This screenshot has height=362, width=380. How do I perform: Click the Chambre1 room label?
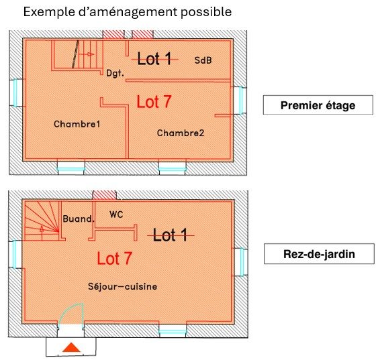tap(77, 124)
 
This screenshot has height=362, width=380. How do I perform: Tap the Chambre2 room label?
tap(181, 133)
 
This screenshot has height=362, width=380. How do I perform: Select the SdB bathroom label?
tap(203, 60)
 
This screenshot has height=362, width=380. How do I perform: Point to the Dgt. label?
tap(115, 73)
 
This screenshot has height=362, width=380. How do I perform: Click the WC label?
tap(116, 215)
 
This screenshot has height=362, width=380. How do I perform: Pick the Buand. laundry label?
tap(79, 219)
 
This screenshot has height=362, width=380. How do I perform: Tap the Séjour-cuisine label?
tap(123, 286)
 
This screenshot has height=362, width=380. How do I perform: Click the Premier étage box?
tap(318, 105)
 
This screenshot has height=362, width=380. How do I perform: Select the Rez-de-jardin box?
tap(319, 254)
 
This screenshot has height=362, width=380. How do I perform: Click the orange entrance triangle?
tap(71, 347)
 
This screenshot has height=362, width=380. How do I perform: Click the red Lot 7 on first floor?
tap(154, 102)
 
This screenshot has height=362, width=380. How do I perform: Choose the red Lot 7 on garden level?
tap(114, 258)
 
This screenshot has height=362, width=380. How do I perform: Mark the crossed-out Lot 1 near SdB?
tap(154, 58)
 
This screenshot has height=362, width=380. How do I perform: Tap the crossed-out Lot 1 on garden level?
tap(171, 235)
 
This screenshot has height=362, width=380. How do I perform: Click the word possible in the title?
tap(206, 12)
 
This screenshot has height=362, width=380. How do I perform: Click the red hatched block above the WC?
tap(105, 195)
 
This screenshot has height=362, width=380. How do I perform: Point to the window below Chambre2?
tap(172, 167)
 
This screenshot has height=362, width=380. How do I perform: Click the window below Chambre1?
tap(71, 167)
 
